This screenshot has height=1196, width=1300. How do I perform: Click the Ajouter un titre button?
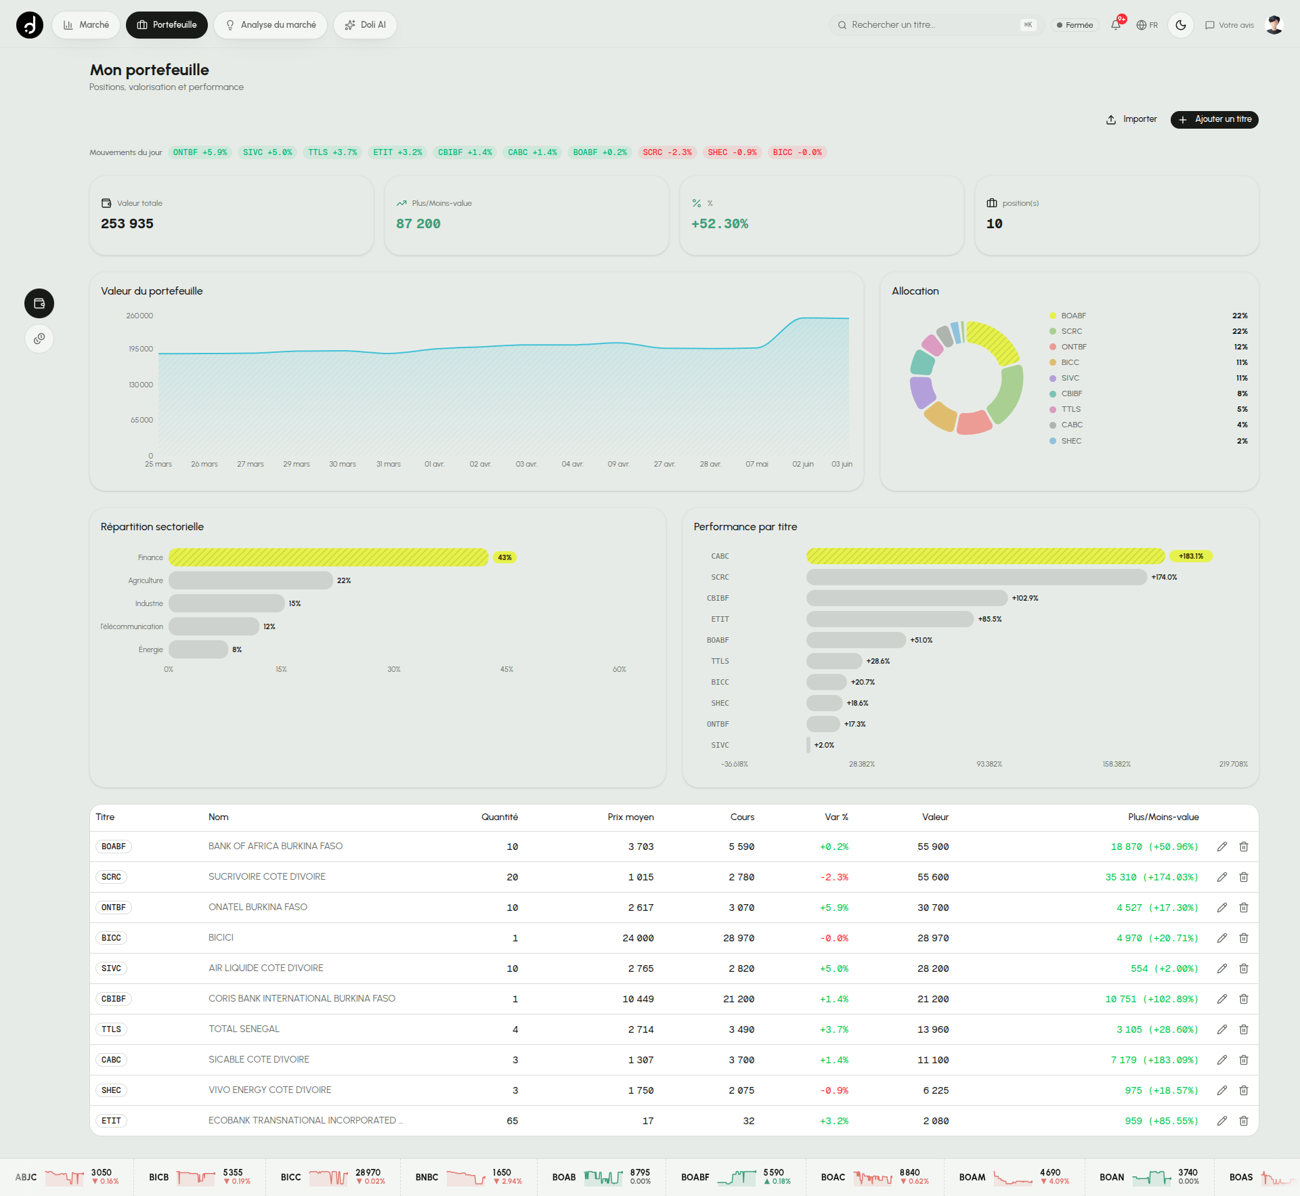click(x=1214, y=119)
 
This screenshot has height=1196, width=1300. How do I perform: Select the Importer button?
click(x=1131, y=119)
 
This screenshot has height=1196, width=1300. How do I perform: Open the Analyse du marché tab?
click(x=270, y=25)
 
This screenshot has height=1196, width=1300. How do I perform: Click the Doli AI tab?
click(x=365, y=25)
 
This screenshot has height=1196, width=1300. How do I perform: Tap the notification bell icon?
click(x=1116, y=25)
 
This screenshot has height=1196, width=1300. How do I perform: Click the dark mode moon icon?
click(x=1181, y=25)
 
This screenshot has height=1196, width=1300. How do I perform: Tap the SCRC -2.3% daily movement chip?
click(x=667, y=152)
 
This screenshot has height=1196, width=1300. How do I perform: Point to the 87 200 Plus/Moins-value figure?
click(x=418, y=223)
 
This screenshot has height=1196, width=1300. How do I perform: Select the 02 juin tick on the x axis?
click(x=803, y=464)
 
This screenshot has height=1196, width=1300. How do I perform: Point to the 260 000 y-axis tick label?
click(x=139, y=316)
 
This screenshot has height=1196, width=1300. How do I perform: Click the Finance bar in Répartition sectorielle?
click(x=328, y=557)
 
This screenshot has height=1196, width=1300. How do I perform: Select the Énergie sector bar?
click(x=198, y=649)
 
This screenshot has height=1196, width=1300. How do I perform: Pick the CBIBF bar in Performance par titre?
click(x=907, y=598)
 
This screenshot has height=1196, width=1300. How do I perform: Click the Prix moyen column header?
click(x=630, y=817)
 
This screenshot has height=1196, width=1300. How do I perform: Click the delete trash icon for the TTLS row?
click(x=1244, y=1029)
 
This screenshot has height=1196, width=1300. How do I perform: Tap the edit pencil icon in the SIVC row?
click(x=1222, y=968)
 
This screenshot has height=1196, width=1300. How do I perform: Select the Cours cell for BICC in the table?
click(x=739, y=938)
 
